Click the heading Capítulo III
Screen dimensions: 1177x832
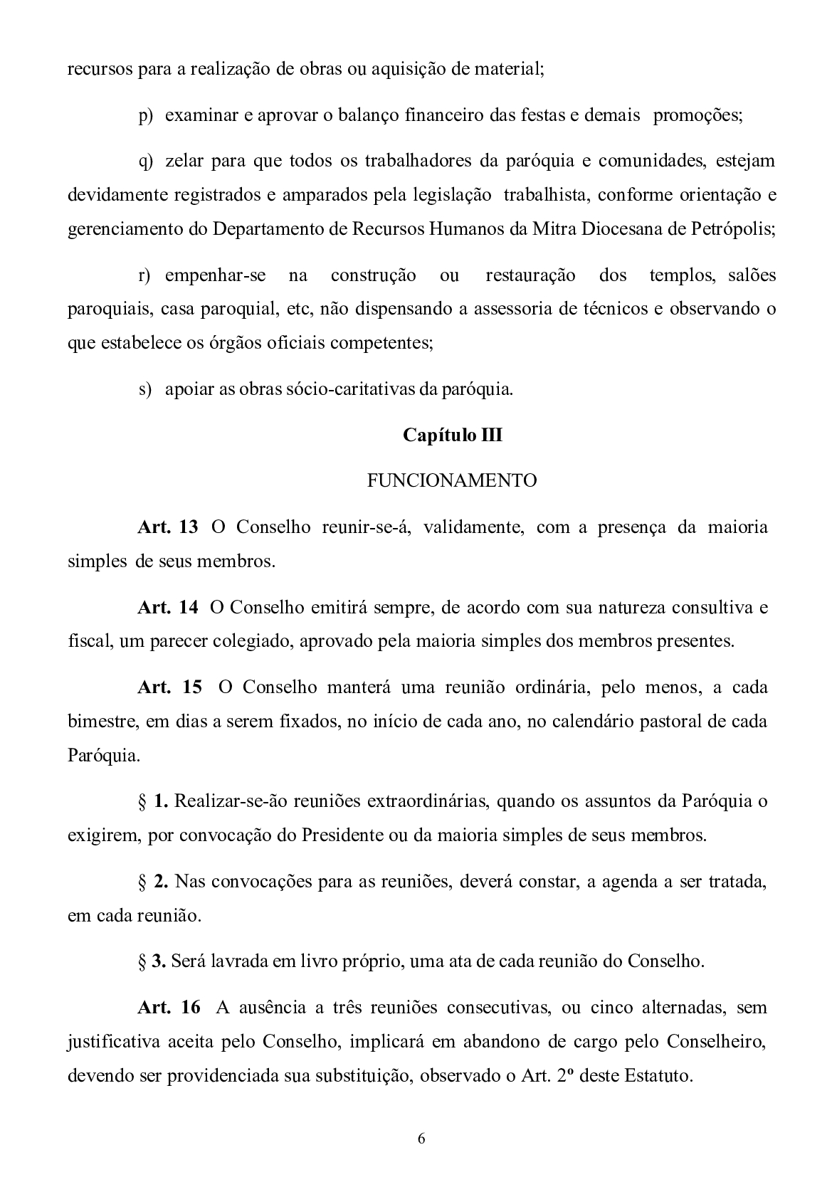coord(452,435)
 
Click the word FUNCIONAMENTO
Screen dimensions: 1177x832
coord(452,481)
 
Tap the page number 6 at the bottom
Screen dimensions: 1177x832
coord(421,1139)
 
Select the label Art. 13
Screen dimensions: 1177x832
coord(167,527)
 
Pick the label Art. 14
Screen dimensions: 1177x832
coord(167,608)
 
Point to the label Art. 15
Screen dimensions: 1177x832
coord(169,687)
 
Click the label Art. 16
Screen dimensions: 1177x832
coord(169,1008)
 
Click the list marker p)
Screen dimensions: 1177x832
coord(146,115)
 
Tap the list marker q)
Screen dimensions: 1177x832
coord(146,161)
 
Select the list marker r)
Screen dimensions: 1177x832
coord(145,275)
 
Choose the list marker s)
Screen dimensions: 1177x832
coord(145,389)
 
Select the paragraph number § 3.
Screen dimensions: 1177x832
coord(152,961)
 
